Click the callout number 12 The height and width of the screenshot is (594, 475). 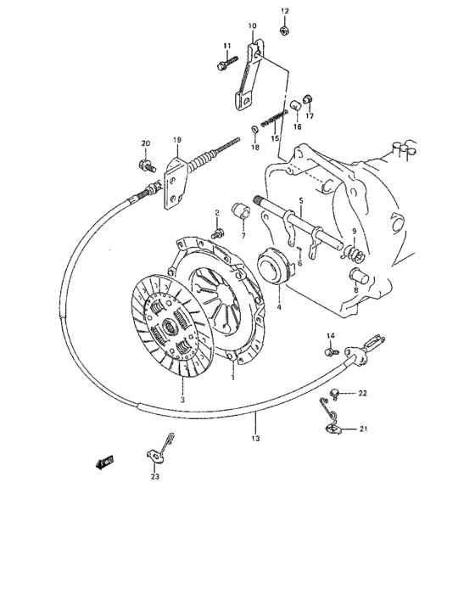284,10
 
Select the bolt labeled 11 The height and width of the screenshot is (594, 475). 226,64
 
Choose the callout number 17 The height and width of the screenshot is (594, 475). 309,116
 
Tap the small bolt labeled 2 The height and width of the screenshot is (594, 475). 218,229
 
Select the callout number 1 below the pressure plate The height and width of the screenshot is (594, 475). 232,376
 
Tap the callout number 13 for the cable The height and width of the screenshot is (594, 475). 255,439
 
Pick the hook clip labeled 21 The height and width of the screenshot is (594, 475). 332,425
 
